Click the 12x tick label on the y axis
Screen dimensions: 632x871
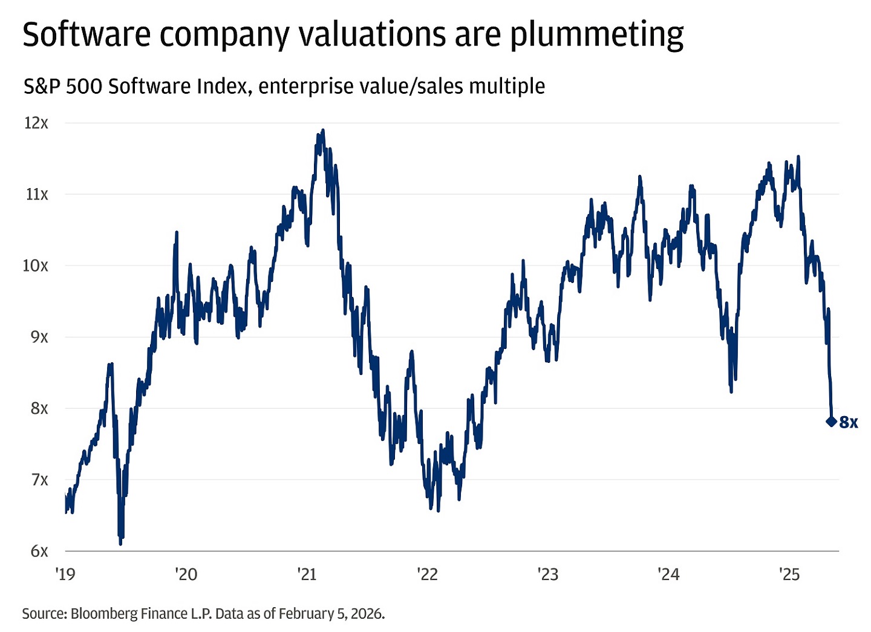click(x=36, y=123)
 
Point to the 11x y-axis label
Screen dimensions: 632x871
click(x=36, y=194)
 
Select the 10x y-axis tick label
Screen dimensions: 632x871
click(x=35, y=266)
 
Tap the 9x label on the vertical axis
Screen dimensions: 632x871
click(x=39, y=337)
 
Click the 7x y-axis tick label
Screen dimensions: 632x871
click(x=39, y=480)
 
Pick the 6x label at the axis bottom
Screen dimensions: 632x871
click(x=39, y=551)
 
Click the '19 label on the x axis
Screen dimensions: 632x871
click(x=65, y=574)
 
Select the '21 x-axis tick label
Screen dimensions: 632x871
click(x=307, y=574)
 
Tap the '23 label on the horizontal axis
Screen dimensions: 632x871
click(x=548, y=574)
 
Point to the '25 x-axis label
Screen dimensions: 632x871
click(x=789, y=574)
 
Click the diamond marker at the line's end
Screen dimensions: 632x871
click(x=831, y=422)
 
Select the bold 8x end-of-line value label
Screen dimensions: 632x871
click(x=849, y=422)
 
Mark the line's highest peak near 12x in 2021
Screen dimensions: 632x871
click(x=323, y=130)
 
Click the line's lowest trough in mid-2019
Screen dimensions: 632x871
click(x=120, y=543)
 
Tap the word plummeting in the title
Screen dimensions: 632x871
click(x=596, y=35)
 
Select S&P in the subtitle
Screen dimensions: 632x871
click(x=42, y=86)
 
